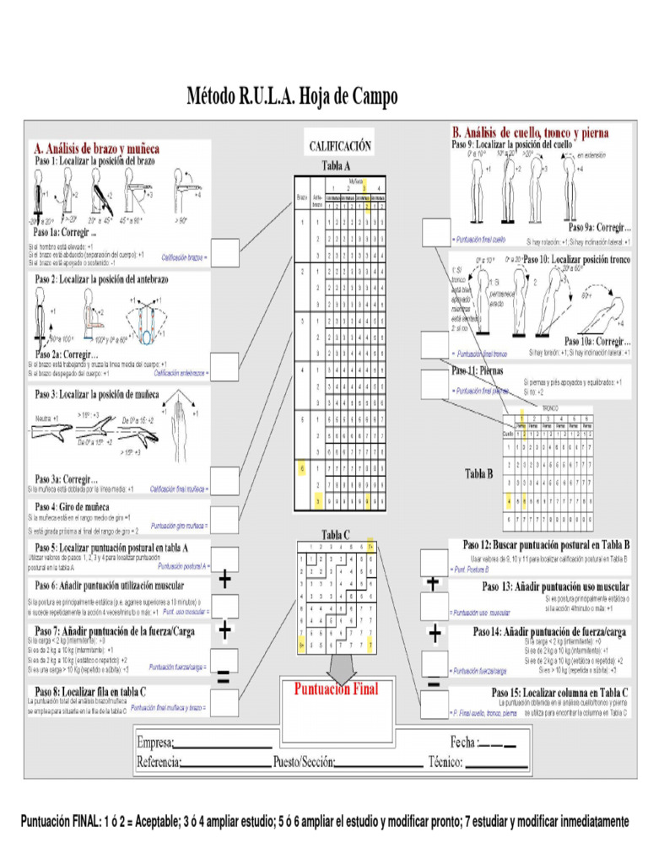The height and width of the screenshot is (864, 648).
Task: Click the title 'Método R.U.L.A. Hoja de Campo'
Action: coord(291,98)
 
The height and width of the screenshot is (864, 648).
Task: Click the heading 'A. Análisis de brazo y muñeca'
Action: coord(95,148)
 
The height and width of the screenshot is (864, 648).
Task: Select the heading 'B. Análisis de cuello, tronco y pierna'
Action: coord(530,132)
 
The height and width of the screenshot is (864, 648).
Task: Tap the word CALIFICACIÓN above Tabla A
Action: coord(339,146)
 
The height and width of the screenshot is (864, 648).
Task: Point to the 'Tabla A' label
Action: coord(336,166)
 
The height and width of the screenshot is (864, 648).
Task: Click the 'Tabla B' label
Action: coord(478,474)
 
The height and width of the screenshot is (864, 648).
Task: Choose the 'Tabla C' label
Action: coord(336,533)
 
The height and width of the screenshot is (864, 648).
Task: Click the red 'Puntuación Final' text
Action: coord(336,688)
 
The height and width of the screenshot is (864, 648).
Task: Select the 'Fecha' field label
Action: coord(463,743)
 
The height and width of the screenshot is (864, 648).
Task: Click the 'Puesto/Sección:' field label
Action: coord(304,763)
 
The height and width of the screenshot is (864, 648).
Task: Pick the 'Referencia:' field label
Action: coord(159,763)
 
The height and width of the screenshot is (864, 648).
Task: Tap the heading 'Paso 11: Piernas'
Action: coord(477,370)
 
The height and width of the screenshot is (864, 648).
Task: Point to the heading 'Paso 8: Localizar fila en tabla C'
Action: coord(90,691)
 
